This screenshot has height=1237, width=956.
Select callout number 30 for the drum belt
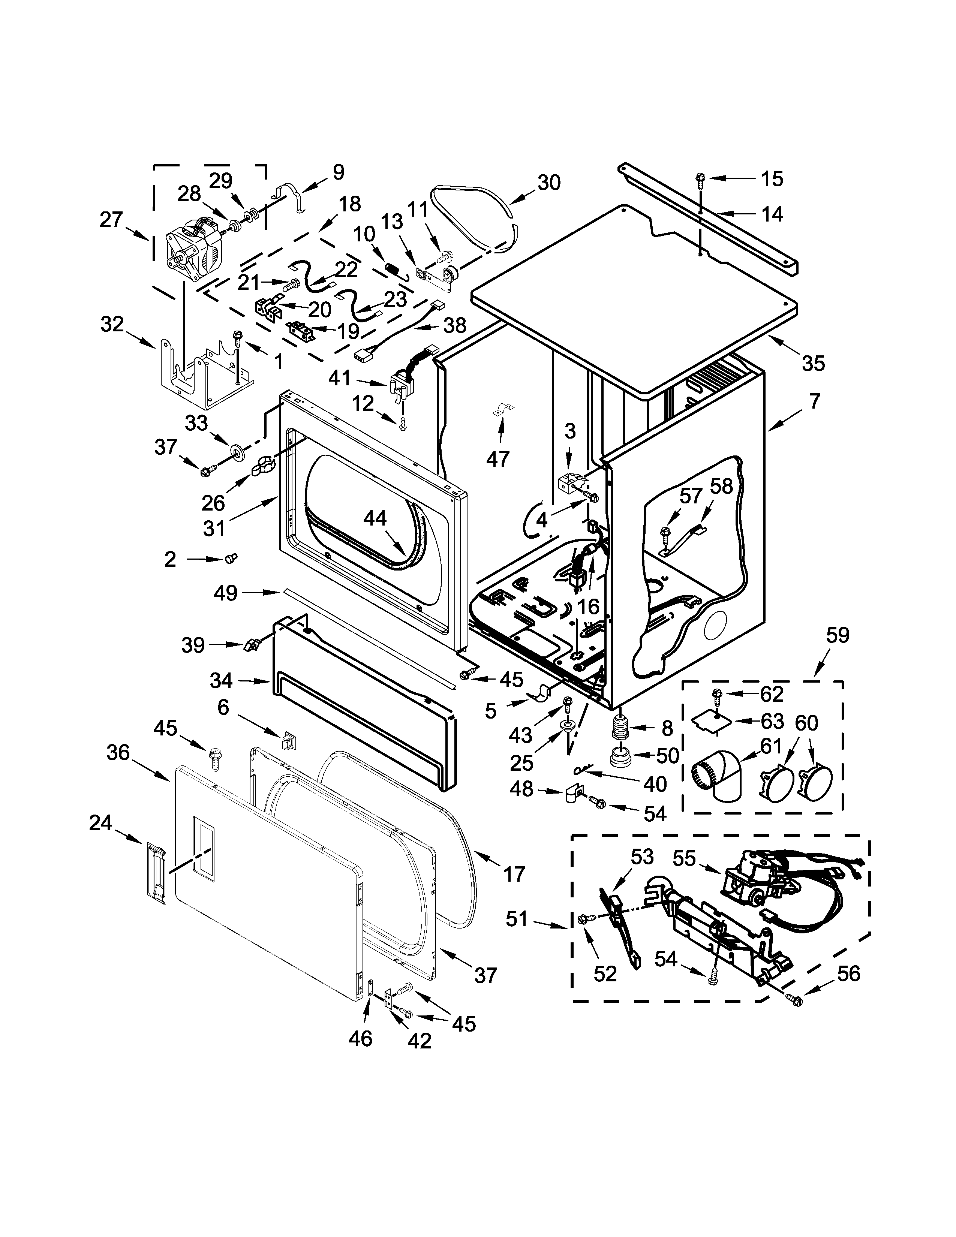coord(548,183)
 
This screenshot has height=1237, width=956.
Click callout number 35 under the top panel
coord(813,363)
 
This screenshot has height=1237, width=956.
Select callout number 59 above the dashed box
coord(838,635)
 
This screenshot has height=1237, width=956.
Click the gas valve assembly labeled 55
coord(753,885)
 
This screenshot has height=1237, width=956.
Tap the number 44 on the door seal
coord(375,518)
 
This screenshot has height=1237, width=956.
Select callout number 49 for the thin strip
coord(225,594)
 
